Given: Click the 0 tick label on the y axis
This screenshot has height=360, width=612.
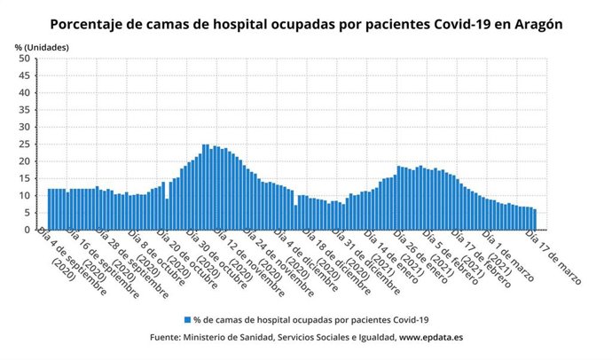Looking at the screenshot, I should point(27,230).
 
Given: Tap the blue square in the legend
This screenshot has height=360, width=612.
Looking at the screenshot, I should point(186,318).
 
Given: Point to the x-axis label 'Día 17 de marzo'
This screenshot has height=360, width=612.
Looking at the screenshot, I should point(553,257).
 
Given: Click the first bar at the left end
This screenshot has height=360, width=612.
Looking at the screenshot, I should point(49,209).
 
